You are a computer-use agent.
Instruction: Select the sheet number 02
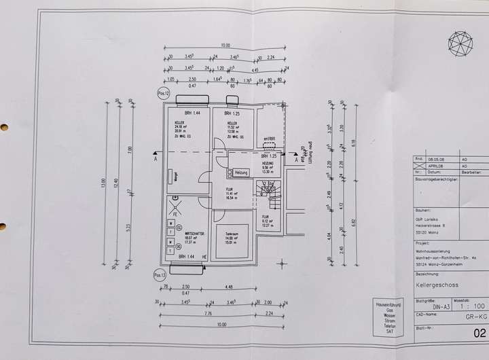tap(479, 334)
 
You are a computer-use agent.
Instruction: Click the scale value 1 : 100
tap(466, 306)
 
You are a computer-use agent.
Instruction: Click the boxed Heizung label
tap(242, 173)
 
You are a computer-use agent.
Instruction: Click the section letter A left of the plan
tap(156, 162)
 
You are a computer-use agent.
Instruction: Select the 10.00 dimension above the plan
tap(215, 46)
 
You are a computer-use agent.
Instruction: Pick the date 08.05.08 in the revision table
tap(437, 158)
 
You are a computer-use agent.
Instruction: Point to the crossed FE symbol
tap(176, 207)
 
